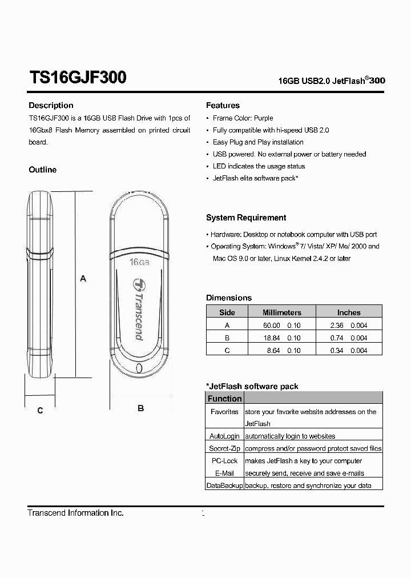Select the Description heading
click(x=51, y=105)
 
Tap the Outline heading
click(x=43, y=170)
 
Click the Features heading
click(x=223, y=105)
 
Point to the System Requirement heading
click(x=246, y=218)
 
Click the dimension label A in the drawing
click(x=83, y=279)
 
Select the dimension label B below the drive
click(x=140, y=408)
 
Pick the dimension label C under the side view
click(x=40, y=410)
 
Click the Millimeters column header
click(x=281, y=312)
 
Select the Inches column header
click(x=349, y=312)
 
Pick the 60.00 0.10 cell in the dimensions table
click(x=281, y=325)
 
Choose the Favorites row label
click(x=224, y=411)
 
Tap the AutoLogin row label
click(x=224, y=436)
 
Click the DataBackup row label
click(x=224, y=485)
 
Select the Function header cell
click(x=224, y=399)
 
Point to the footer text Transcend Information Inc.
click(x=75, y=513)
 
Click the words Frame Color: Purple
click(x=243, y=118)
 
